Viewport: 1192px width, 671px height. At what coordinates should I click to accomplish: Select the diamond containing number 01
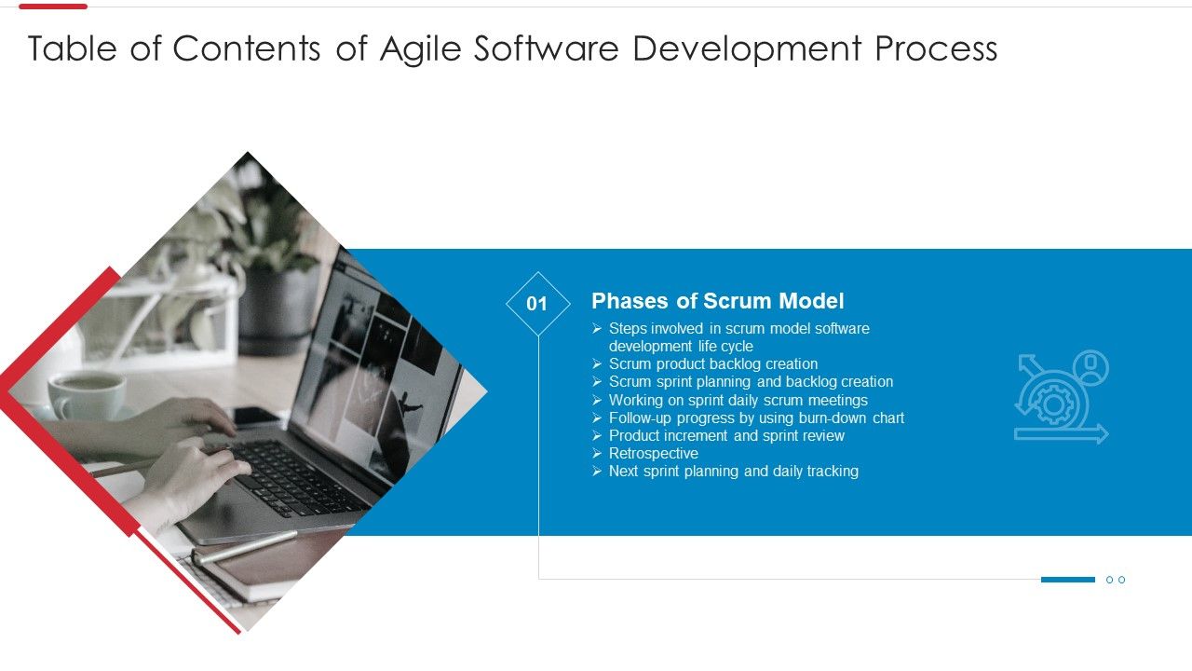pyautogui.click(x=537, y=304)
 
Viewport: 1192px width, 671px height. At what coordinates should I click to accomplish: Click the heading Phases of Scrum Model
pyautogui.click(x=717, y=301)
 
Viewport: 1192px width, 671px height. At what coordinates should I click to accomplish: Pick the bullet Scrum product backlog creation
pyautogui.click(x=712, y=364)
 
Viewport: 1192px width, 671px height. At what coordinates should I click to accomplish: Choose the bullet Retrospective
pyautogui.click(x=653, y=454)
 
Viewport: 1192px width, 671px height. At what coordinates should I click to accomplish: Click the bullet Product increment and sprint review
pyautogui.click(x=726, y=436)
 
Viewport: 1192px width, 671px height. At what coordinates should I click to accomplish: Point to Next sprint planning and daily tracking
pyautogui.click(x=733, y=472)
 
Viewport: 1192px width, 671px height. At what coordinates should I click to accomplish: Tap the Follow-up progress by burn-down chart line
pyautogui.click(x=756, y=418)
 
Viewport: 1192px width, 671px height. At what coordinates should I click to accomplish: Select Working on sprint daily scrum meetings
pyautogui.click(x=738, y=401)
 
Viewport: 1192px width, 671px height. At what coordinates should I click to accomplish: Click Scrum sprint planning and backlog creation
pyautogui.click(x=751, y=382)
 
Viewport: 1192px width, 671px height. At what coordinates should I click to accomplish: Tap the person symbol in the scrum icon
pyautogui.click(x=1090, y=367)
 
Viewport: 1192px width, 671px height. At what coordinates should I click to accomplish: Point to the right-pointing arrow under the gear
pyautogui.click(x=1062, y=433)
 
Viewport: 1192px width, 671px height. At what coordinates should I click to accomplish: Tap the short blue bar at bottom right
pyautogui.click(x=1067, y=580)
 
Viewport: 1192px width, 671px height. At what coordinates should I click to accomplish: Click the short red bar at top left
pyautogui.click(x=53, y=7)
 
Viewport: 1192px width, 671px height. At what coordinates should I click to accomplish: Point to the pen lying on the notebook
pyautogui.click(x=244, y=547)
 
